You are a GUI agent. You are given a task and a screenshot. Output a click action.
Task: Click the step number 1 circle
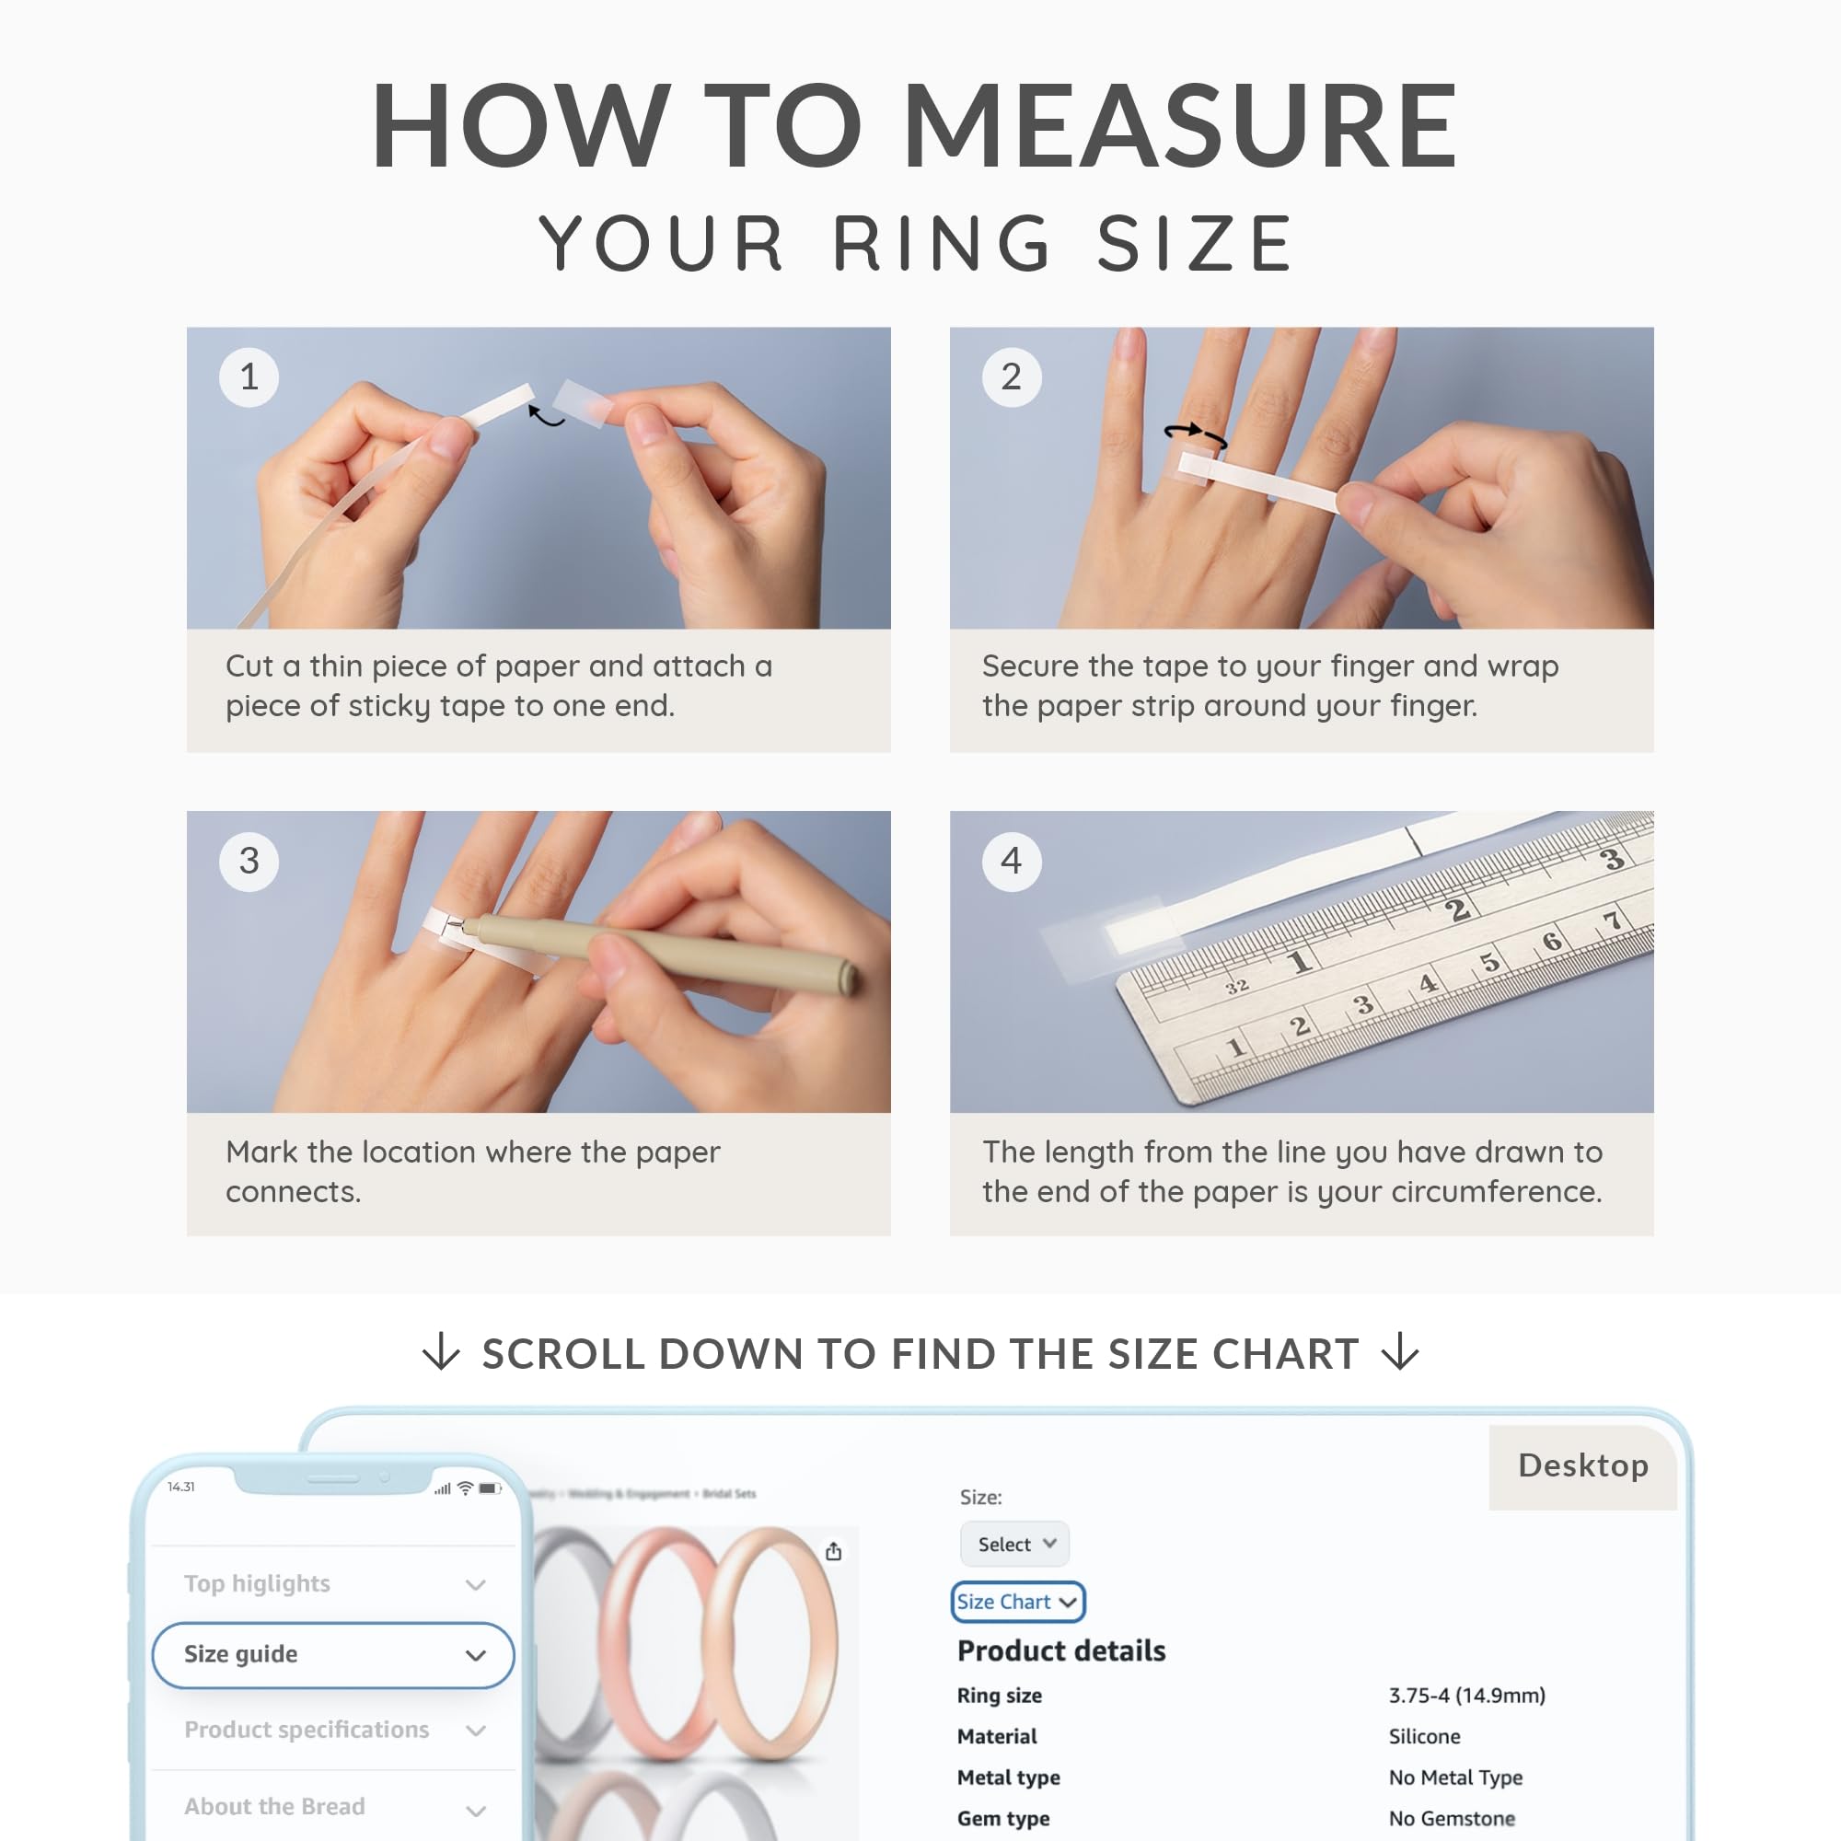pyautogui.click(x=249, y=377)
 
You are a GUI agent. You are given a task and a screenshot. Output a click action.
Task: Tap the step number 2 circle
pyautogui.click(x=1011, y=377)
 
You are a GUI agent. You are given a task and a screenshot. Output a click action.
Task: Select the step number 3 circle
pyautogui.click(x=249, y=862)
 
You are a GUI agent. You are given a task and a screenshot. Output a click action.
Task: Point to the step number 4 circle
pyautogui.click(x=1011, y=862)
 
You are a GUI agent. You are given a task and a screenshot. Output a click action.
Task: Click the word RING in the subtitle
pyautogui.click(x=944, y=244)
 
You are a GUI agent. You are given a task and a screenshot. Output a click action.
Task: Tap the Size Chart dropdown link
pyautogui.click(x=1017, y=1602)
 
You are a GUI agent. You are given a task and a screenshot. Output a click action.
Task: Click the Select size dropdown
pyautogui.click(x=1014, y=1544)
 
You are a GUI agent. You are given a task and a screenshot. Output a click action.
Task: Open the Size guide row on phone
pyautogui.click(x=332, y=1655)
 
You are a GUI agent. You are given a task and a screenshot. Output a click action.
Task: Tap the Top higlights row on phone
pyautogui.click(x=332, y=1583)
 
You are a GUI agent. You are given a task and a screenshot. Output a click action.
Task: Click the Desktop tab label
pyautogui.click(x=1582, y=1465)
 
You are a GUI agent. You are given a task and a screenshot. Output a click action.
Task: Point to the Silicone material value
pyautogui.click(x=1424, y=1736)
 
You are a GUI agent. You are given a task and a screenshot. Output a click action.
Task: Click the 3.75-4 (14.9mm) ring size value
pyautogui.click(x=1466, y=1696)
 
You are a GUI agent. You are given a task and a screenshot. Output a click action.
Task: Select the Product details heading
pyautogui.click(x=1060, y=1650)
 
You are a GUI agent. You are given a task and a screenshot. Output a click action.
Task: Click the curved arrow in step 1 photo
pyautogui.click(x=545, y=415)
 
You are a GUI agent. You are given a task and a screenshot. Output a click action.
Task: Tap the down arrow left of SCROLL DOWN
pyautogui.click(x=441, y=1352)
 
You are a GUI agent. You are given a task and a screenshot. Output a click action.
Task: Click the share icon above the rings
pyautogui.click(x=834, y=1551)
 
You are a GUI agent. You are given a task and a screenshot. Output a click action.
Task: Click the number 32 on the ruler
pyautogui.click(x=1237, y=986)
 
